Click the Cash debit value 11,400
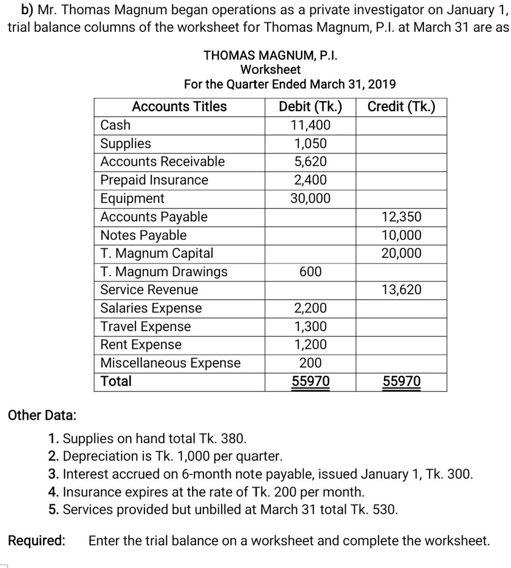tap(310, 125)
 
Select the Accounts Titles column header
tap(179, 107)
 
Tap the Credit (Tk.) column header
tap(401, 107)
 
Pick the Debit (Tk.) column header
tap(310, 107)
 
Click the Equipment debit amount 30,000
tap(310, 198)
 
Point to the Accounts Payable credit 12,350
tap(401, 217)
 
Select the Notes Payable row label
tap(143, 235)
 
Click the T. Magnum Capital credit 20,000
tap(401, 253)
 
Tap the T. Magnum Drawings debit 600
tap(310, 272)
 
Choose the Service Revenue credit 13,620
tap(401, 290)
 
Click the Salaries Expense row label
tap(151, 308)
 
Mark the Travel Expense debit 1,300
tap(310, 327)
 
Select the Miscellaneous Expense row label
tap(170, 363)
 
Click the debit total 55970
tap(310, 382)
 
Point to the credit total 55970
tap(401, 382)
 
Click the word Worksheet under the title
tap(271, 70)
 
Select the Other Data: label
tap(41, 415)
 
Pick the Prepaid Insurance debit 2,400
tap(310, 180)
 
